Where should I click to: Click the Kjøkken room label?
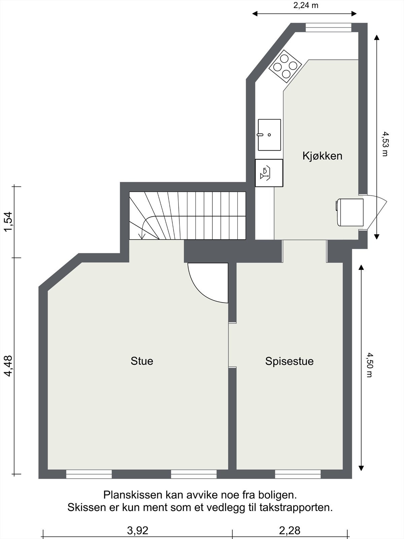[322, 156]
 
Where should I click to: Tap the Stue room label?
[142, 361]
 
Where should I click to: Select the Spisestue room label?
[289, 361]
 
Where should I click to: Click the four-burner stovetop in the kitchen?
[285, 66]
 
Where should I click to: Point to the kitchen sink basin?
[269, 135]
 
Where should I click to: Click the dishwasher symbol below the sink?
[269, 173]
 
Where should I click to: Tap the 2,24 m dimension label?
[305, 5]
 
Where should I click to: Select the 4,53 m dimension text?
[385, 144]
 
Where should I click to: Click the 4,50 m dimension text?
[369, 365]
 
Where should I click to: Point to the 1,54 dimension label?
[8, 221]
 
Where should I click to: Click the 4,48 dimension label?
[8, 366]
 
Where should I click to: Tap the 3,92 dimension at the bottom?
[137, 531]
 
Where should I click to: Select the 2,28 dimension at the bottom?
[290, 531]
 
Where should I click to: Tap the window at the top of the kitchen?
[328, 27]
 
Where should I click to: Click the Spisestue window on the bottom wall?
[298, 474]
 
